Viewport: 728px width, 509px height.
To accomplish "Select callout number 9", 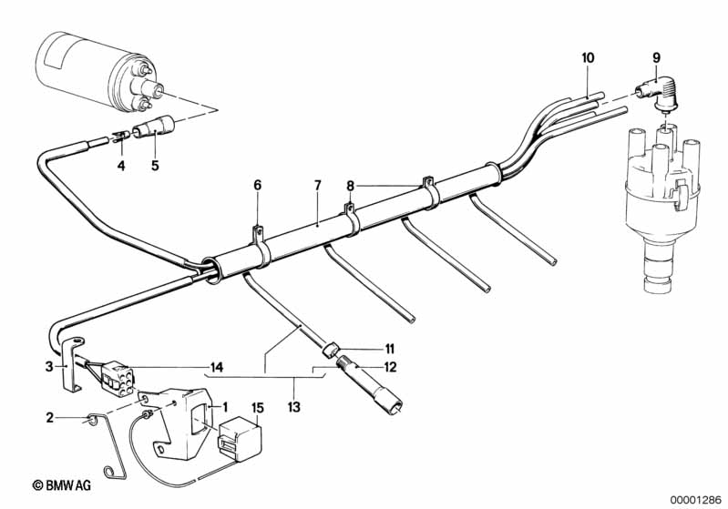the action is click(656, 58).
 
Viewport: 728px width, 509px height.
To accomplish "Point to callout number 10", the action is click(588, 58).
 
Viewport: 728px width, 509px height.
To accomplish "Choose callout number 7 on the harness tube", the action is click(318, 186).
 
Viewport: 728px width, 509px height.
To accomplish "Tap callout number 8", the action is click(350, 186).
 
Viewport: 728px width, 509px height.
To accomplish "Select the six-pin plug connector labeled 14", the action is click(117, 379).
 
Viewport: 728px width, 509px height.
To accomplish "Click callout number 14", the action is click(216, 368).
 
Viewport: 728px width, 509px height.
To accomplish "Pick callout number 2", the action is click(50, 418).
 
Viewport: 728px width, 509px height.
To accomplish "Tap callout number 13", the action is click(294, 407).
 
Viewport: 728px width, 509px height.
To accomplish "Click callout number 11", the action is click(389, 349).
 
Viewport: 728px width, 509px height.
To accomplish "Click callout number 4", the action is click(121, 165).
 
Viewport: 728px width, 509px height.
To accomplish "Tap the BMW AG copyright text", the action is click(61, 485).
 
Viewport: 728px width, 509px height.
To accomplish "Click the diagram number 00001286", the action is click(695, 500).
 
